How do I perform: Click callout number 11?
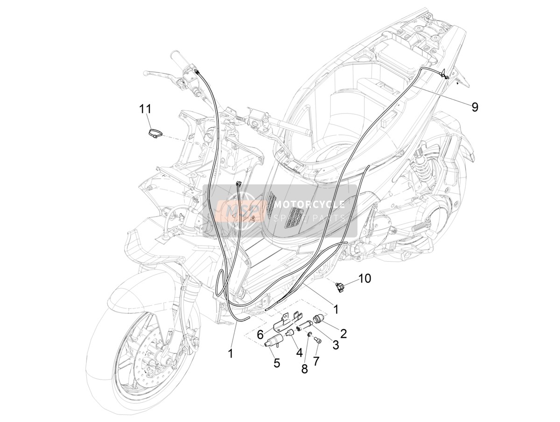pyautogui.click(x=145, y=109)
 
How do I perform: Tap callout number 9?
pyautogui.click(x=474, y=107)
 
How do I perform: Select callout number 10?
pyautogui.click(x=364, y=279)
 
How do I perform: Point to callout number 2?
pyautogui.click(x=343, y=333)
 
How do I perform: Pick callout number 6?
pyautogui.click(x=260, y=335)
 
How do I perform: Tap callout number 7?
pyautogui.click(x=316, y=361)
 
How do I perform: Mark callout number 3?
pyautogui.click(x=336, y=345)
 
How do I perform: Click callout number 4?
pyautogui.click(x=299, y=353)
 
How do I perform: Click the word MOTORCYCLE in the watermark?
pyautogui.click(x=309, y=204)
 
